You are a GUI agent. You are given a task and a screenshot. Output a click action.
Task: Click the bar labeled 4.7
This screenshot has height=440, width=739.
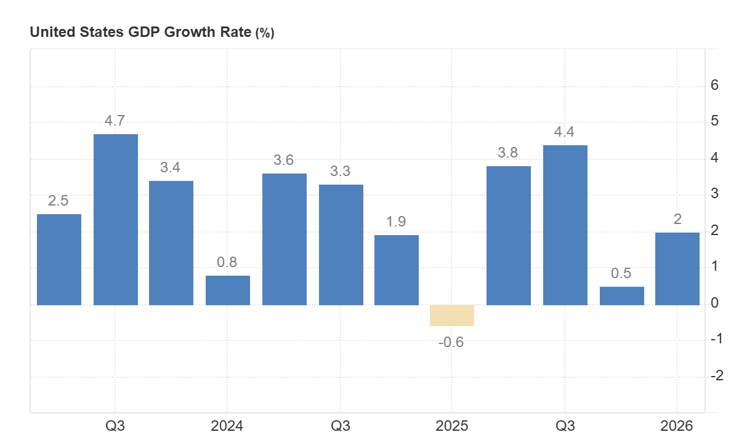coord(116,219)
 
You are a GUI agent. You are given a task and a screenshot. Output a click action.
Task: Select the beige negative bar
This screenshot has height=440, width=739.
coord(452,316)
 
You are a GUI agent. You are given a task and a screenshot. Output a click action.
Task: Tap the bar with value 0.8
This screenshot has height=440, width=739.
coord(228,290)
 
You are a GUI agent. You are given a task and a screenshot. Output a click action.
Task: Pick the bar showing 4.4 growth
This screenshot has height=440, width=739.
coord(565,225)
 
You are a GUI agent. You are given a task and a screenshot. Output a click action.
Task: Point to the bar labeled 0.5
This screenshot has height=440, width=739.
coord(622,296)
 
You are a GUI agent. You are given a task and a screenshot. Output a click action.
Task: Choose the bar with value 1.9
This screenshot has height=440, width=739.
coord(397,270)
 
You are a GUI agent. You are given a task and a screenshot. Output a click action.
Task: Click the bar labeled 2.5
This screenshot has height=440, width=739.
coord(59,259)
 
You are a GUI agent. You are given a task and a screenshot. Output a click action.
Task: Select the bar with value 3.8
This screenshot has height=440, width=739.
coord(509,236)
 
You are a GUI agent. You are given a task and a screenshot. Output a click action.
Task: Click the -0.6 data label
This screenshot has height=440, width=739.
coord(451,343)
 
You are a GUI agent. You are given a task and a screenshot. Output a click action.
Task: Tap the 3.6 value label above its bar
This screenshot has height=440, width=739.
coord(283,161)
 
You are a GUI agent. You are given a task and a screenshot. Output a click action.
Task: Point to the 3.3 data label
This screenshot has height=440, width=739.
coord(340,172)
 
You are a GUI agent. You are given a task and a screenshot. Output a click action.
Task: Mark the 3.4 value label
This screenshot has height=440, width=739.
coord(170,168)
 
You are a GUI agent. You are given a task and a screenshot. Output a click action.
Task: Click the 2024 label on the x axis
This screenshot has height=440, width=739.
coord(227,426)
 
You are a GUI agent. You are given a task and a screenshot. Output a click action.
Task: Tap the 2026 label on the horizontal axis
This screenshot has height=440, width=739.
coord(676,426)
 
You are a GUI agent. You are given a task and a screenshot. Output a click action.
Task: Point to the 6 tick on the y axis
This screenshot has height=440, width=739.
coord(714,86)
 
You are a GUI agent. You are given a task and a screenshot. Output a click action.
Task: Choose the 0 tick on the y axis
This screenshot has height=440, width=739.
coord(714,303)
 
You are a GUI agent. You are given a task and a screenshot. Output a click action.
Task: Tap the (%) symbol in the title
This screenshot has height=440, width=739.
coord(265,34)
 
